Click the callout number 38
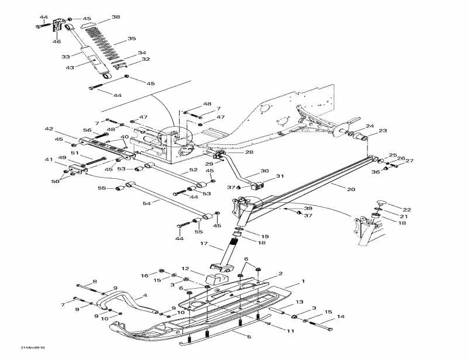tap(115, 18)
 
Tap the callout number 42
tap(49, 129)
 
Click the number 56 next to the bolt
tap(87, 130)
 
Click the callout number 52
tap(192, 171)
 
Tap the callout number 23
tap(383, 131)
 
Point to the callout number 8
tap(95, 282)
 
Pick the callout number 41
tap(49, 160)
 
